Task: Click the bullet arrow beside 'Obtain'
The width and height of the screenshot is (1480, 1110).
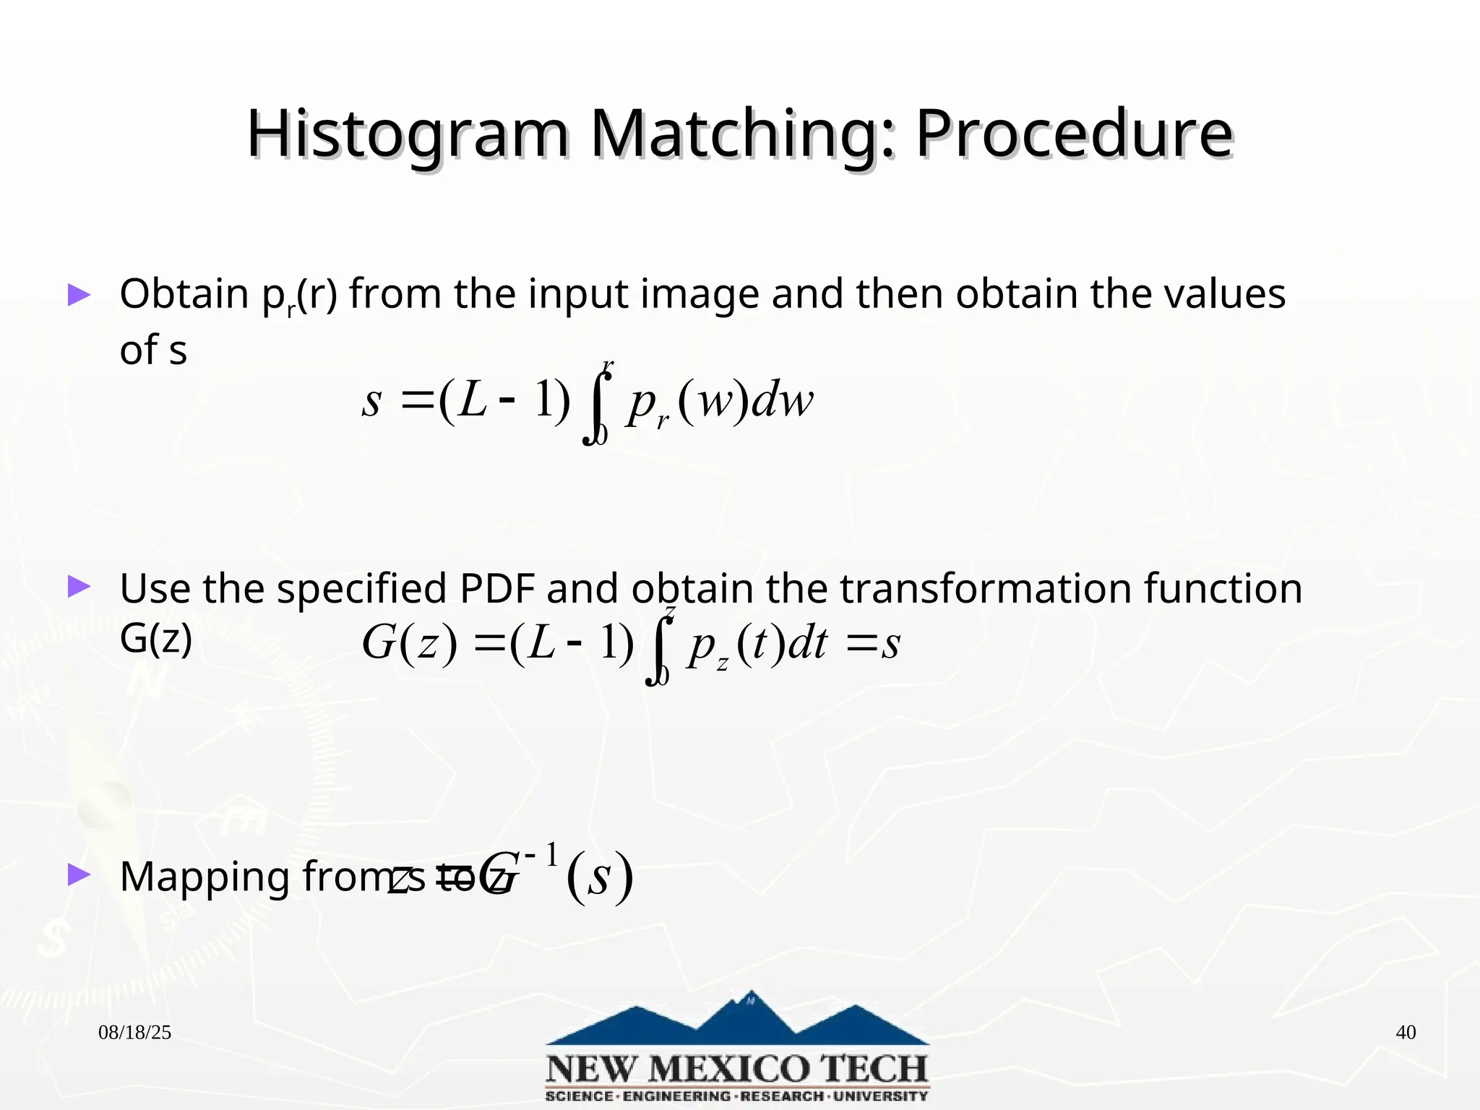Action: pos(79,295)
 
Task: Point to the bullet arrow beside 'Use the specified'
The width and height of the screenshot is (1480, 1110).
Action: pos(79,587)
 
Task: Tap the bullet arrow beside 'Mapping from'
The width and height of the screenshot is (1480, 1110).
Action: pos(79,875)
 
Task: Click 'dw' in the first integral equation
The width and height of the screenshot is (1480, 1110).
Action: pos(783,401)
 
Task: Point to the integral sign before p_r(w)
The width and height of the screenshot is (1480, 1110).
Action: pos(596,405)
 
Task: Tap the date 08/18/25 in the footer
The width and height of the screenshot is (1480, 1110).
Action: pos(134,1033)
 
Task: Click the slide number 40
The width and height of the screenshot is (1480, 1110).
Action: pos(1405,1033)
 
